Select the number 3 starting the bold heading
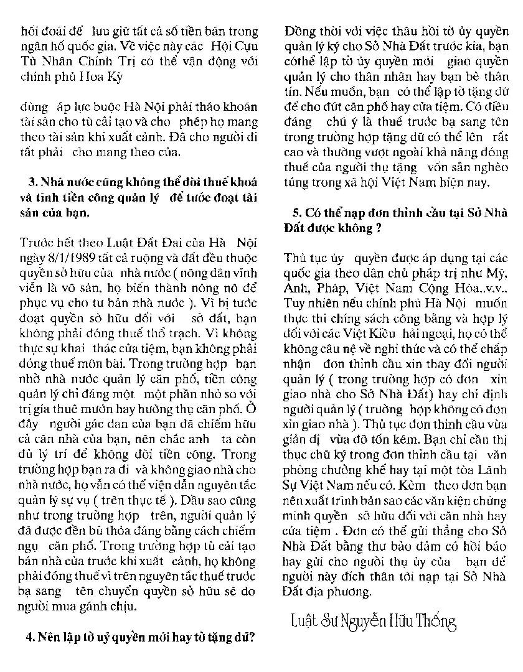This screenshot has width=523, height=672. (x=32, y=182)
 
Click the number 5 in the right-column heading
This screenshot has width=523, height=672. (x=296, y=212)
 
